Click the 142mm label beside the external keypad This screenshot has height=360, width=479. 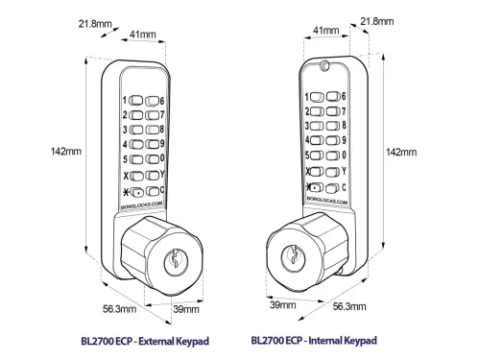click(x=66, y=151)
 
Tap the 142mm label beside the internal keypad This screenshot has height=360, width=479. click(x=401, y=152)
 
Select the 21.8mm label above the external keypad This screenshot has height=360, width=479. click(x=95, y=24)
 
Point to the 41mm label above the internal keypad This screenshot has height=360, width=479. click(x=325, y=31)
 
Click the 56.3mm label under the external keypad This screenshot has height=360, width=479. click(x=119, y=309)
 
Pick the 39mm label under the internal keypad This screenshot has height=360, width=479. click(x=282, y=304)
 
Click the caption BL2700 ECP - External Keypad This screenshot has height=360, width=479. click(x=145, y=341)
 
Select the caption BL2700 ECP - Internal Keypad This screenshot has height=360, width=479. click(x=314, y=340)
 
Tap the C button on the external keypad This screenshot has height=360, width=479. click(x=153, y=191)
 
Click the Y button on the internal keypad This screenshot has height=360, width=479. click(x=333, y=172)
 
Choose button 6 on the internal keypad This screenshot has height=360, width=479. click(x=333, y=96)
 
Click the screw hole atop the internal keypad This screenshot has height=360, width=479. click(x=324, y=65)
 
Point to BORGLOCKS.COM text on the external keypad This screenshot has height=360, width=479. click(x=142, y=205)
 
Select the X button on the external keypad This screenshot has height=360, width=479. click(x=136, y=176)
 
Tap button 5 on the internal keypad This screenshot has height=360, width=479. click(x=317, y=156)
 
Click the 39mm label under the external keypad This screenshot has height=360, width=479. click(x=186, y=309)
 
